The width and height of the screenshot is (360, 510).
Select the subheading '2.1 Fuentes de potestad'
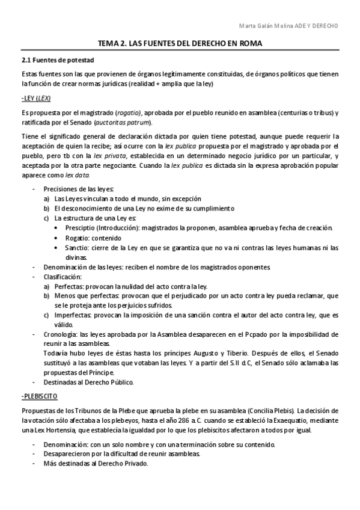55,60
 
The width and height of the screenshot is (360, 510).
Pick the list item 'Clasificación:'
62,277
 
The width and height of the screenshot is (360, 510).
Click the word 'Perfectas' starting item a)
67,286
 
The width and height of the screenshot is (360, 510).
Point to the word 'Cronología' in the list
59,334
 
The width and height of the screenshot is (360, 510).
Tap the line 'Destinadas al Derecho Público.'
89,381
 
